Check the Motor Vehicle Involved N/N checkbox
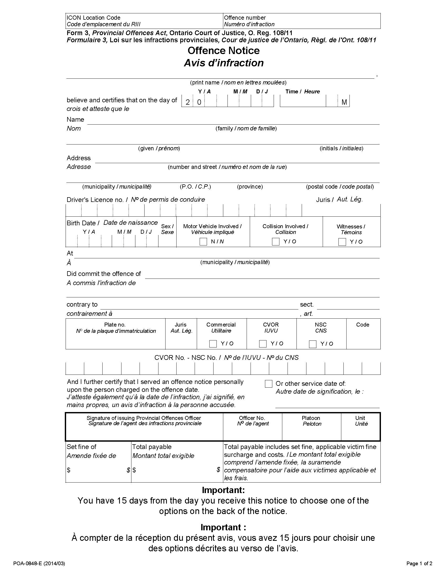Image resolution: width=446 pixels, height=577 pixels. coord(203,242)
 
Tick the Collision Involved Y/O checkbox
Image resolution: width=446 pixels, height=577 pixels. coord(275,242)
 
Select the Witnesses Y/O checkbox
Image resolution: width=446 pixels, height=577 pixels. coord(342,242)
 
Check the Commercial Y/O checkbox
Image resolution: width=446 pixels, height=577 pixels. coord(213,344)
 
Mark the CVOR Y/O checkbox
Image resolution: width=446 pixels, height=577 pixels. coord(263,344)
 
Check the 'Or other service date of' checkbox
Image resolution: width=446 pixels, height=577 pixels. coord(268,384)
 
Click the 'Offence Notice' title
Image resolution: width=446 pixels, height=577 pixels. coord(224,50)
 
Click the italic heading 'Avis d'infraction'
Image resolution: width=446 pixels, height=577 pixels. coord(224,63)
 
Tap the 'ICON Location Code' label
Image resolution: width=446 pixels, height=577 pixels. coord(94,18)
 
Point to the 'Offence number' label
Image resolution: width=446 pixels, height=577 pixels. coord(245,18)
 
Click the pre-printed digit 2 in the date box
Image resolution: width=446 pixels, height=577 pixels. coord(188,102)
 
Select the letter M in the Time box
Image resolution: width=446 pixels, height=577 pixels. coord(344,102)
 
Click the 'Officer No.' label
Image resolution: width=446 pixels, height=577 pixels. coord(252,418)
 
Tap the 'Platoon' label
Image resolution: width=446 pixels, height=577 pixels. coord(311,418)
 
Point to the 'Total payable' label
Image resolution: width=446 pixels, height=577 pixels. coord(152,447)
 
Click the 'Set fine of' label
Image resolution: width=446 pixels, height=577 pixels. coord(81,447)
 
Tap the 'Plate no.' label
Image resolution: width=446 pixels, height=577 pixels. coord(115,325)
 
